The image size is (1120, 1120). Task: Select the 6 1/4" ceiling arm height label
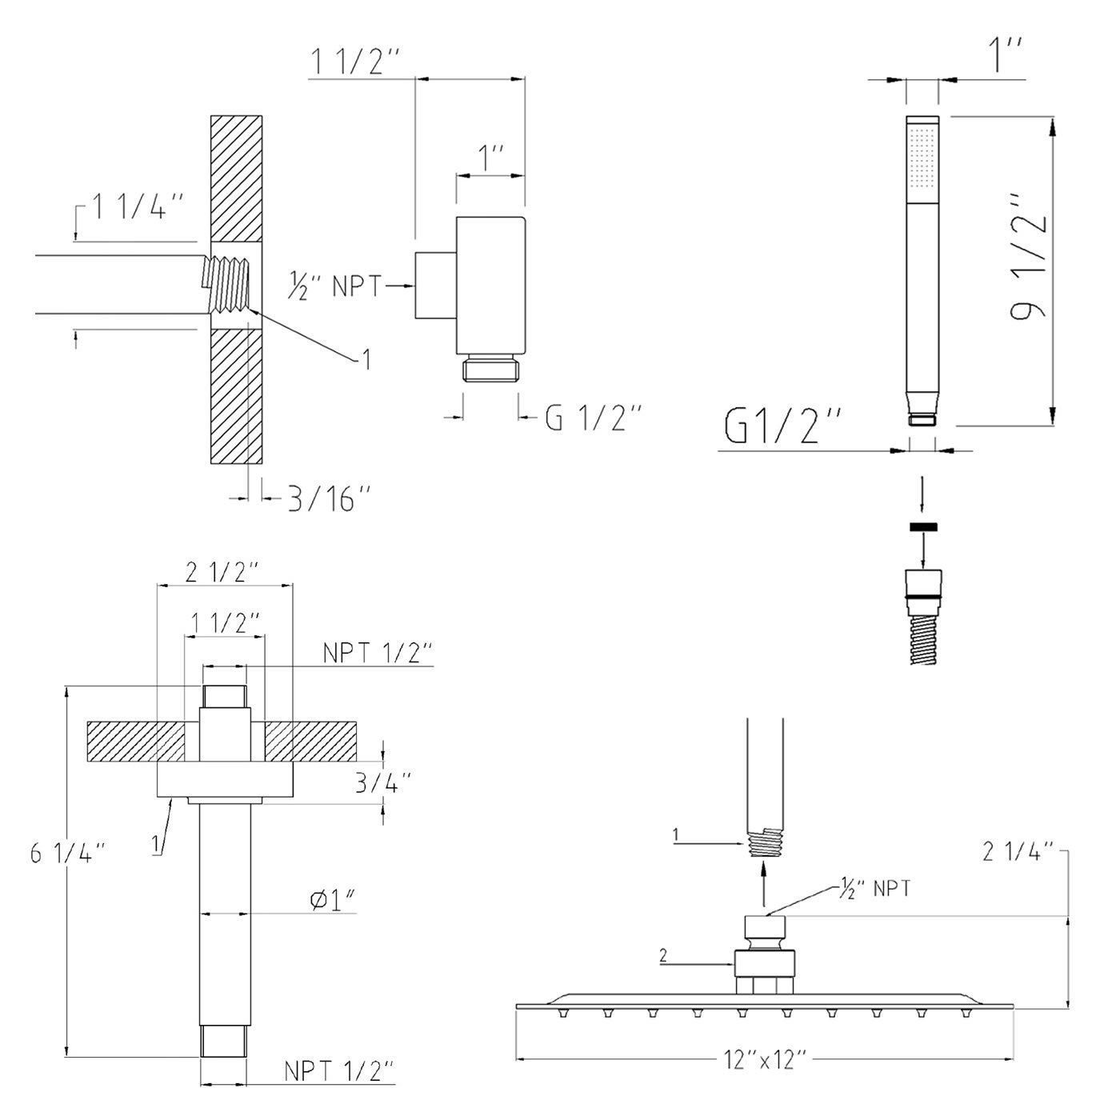(68, 854)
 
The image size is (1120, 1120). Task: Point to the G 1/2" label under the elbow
(593, 417)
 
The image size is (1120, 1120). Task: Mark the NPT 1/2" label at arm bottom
(338, 1070)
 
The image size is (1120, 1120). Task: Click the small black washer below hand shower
(922, 526)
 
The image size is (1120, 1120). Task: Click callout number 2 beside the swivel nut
(663, 954)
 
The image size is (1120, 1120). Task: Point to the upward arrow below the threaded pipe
(764, 887)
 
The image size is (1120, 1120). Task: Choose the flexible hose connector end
(922, 584)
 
